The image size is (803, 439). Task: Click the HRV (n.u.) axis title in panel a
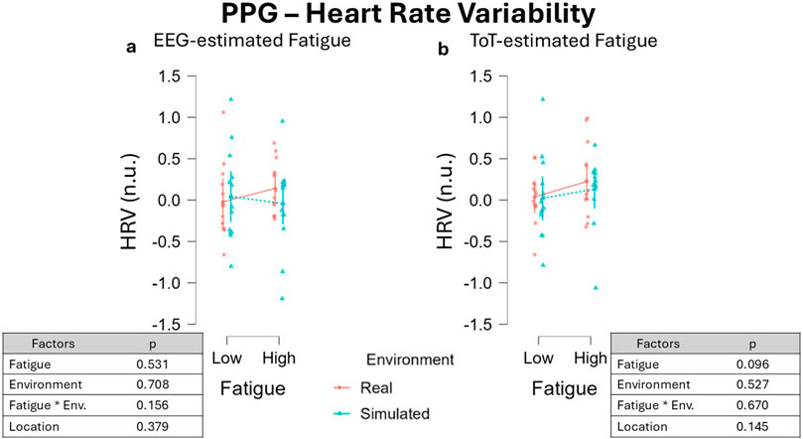(x=130, y=200)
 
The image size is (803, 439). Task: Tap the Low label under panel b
(x=539, y=357)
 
